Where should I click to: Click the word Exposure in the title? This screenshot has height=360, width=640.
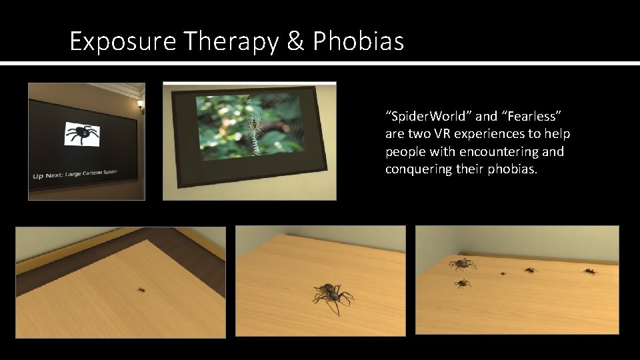[123, 42]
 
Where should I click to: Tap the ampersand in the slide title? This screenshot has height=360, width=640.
[294, 42]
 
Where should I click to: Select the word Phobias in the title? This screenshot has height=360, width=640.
[358, 42]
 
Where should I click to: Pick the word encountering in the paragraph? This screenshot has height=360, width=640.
[511, 151]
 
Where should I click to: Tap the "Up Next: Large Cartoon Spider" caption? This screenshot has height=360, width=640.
[75, 175]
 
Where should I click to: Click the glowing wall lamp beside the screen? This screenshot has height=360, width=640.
[140, 105]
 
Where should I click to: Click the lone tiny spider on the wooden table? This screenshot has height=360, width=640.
[141, 289]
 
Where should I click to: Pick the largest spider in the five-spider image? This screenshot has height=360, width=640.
[461, 264]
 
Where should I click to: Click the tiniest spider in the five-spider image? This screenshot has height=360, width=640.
[503, 273]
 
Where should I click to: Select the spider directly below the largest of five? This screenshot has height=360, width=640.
[462, 283]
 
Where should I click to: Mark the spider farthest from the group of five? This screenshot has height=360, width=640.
[589, 271]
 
